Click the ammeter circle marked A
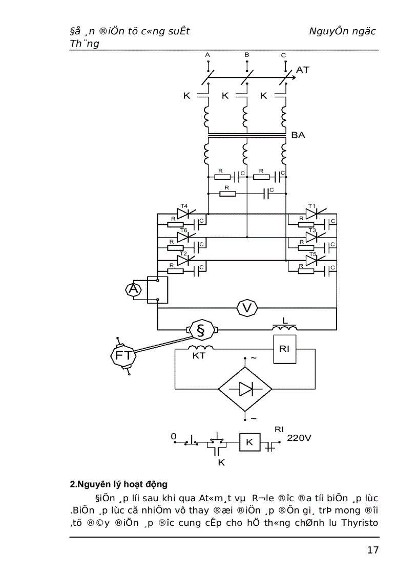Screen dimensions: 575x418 point(134,290)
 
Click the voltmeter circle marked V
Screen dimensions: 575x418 point(247,308)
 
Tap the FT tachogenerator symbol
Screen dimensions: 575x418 point(123,355)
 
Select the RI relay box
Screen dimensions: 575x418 point(284,349)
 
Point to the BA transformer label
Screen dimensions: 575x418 point(298,136)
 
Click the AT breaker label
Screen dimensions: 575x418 point(303,70)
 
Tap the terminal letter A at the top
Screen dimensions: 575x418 point(207,54)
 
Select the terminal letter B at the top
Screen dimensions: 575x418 point(246,54)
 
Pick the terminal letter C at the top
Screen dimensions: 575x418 point(284,55)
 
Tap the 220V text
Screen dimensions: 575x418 point(299,438)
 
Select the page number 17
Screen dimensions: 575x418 point(372,550)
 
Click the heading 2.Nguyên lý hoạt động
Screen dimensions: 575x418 point(118,484)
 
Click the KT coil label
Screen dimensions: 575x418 point(199,356)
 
